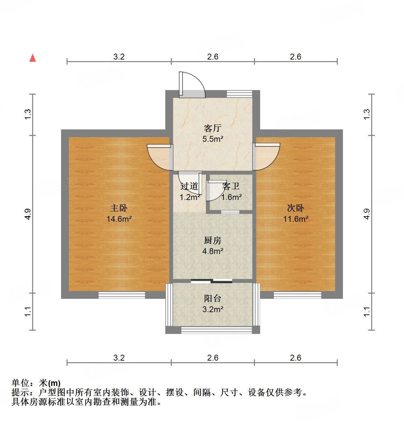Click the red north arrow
point(32,58)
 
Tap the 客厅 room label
point(213,128)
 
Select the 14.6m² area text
point(119,219)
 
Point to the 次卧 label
point(296,208)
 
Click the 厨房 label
point(213,241)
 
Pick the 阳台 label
point(213,298)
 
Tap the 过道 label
point(189,186)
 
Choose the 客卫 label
point(231,186)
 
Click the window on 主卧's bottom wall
point(122,295)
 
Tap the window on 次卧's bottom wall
point(297,295)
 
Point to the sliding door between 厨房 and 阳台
point(211,281)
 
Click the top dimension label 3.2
point(119,57)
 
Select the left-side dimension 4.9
point(28,214)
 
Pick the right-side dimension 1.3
point(367,114)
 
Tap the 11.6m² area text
point(296,219)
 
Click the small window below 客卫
point(230,212)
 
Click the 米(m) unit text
point(50,383)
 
